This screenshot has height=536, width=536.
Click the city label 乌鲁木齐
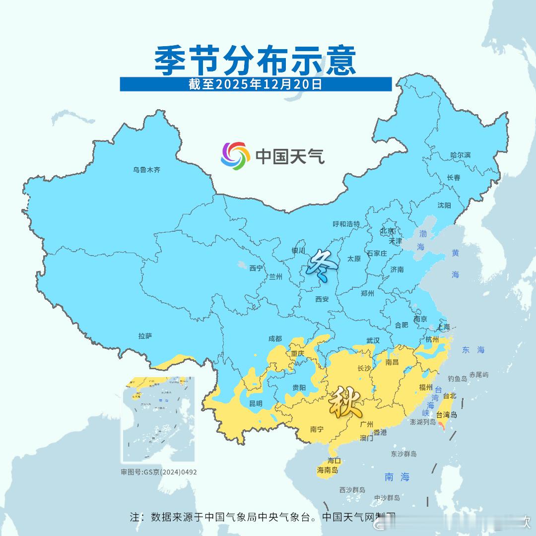tap(146, 170)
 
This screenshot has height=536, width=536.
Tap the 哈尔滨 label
tap(460, 155)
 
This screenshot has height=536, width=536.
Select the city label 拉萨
tap(145, 336)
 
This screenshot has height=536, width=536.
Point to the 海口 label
tap(334, 461)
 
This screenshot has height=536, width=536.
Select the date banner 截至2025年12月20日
tap(256, 84)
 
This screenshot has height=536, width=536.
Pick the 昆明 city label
tap(256, 403)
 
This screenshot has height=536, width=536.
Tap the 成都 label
tap(274, 338)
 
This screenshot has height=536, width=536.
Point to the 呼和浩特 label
tap(346, 224)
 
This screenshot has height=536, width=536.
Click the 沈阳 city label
tap(444, 205)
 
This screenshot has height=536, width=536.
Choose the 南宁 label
tap(317, 429)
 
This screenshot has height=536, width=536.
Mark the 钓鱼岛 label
tap(457, 378)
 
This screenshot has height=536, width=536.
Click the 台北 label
tap(449, 396)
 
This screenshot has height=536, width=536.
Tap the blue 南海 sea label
tap(398, 477)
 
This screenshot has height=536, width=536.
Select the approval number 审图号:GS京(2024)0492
tap(159, 472)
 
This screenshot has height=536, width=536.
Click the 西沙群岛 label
tap(352, 490)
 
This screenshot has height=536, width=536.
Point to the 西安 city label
tap(322, 299)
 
